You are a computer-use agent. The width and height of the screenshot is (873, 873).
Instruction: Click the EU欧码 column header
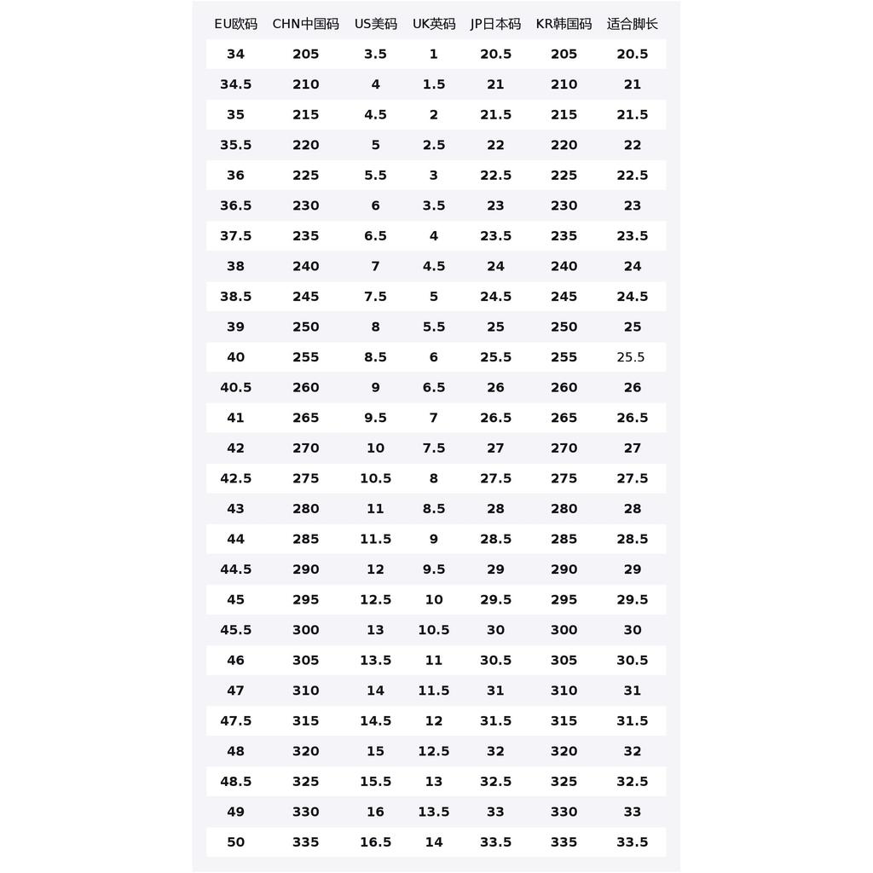tap(235, 24)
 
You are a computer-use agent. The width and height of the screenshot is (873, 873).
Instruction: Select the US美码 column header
tap(375, 24)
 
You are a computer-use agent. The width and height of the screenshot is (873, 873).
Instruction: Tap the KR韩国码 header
tap(564, 24)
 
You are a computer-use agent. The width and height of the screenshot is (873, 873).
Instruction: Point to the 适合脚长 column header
tap(632, 24)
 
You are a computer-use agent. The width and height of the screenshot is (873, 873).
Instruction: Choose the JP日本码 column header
tap(495, 24)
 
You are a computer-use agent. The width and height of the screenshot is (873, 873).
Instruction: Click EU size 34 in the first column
tap(235, 55)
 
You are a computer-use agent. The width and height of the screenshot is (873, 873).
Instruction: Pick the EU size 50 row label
tap(235, 842)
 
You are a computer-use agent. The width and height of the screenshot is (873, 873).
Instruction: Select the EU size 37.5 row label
tap(235, 236)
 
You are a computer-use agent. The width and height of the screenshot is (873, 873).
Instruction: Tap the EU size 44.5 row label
tap(235, 569)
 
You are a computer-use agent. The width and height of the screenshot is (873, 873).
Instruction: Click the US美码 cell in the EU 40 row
tap(375, 357)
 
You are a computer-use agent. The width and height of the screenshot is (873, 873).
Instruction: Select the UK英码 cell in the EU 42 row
tap(433, 448)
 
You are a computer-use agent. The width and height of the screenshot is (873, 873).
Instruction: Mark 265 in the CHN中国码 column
tap(305, 418)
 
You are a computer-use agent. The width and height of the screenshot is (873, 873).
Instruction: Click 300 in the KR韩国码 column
tap(564, 630)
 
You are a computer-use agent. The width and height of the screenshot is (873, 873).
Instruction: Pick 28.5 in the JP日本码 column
tap(495, 539)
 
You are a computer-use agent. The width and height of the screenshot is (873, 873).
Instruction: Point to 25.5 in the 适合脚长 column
tap(631, 357)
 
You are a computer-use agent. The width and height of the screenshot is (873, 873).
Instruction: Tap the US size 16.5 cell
tap(375, 842)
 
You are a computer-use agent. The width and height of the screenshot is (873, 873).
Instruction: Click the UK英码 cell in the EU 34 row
tap(433, 55)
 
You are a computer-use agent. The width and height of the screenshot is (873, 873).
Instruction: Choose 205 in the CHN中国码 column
tap(305, 55)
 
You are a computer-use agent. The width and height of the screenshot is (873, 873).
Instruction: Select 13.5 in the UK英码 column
tap(433, 812)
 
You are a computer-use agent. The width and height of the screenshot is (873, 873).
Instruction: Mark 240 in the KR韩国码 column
tap(564, 266)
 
